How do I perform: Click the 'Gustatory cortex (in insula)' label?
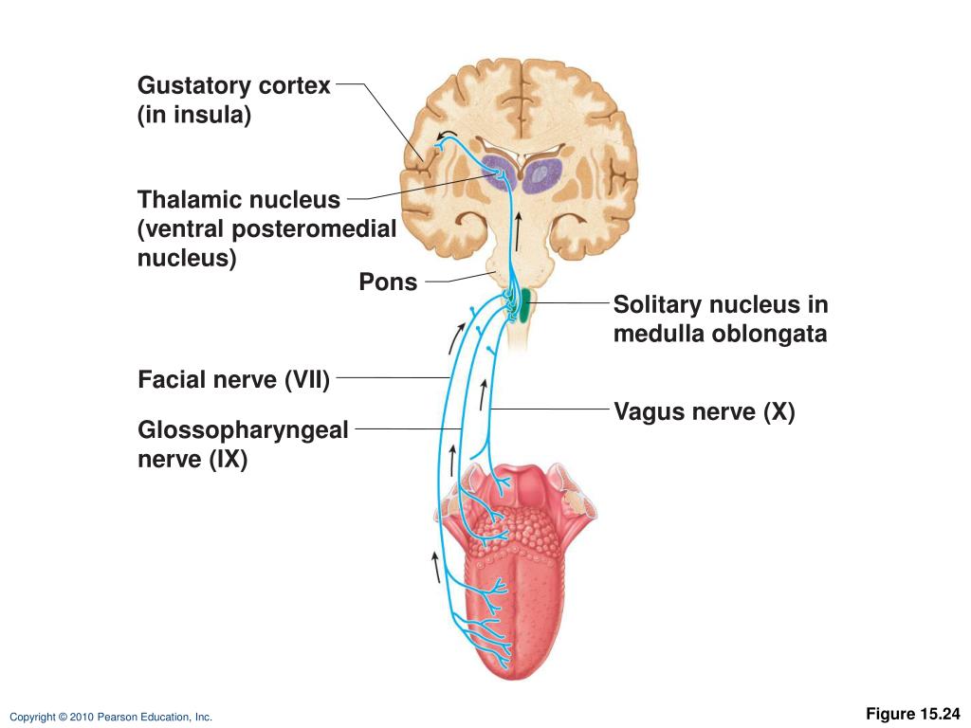[x=234, y=100]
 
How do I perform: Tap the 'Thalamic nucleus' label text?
[x=238, y=200]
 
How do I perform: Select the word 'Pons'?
[x=388, y=282]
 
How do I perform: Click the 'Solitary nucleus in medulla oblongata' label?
[x=721, y=319]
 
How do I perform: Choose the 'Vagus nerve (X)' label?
[x=705, y=412]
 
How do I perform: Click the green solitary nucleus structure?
[x=524, y=307]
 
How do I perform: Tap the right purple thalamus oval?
[x=543, y=174]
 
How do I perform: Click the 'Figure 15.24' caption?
[x=913, y=714]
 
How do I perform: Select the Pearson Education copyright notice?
[x=111, y=718]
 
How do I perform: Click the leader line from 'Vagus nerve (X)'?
[x=550, y=409]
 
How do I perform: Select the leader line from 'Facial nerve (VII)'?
[x=392, y=377]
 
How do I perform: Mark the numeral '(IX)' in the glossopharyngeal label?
[x=229, y=462]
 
